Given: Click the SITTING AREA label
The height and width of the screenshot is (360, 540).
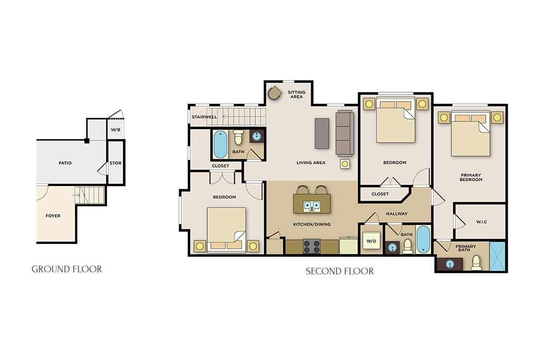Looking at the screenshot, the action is [x=296, y=95].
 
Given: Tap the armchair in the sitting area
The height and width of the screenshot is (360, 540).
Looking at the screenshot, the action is [x=274, y=93].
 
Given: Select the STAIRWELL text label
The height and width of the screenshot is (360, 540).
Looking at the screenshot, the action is [x=205, y=117].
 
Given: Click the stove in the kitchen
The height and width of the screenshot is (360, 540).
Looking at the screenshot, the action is [x=312, y=247].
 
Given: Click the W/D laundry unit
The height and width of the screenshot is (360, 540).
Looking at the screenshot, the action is [x=371, y=240].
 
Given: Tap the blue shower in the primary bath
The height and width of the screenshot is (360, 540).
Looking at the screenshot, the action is [x=497, y=256].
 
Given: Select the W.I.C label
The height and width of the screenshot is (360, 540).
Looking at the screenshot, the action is [x=481, y=222].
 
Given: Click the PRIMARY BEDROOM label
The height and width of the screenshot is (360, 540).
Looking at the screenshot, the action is [x=471, y=177].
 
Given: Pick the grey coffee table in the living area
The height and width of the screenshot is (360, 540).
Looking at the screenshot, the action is [x=322, y=133].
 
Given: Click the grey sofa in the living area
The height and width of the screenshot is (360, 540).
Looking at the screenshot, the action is [x=345, y=133].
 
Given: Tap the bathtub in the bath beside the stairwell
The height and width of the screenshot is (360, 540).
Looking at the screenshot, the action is [x=220, y=144].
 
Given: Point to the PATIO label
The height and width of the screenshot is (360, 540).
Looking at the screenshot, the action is [x=65, y=163].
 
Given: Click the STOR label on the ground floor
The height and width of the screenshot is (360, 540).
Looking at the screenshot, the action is [x=115, y=163].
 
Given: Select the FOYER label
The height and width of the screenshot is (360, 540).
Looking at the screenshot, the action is [x=53, y=216].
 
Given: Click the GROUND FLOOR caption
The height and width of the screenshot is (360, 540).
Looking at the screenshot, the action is [x=67, y=269].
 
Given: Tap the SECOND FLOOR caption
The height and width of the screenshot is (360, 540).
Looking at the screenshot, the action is [x=340, y=271].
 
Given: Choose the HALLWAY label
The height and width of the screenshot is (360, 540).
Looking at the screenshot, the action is [x=397, y=213].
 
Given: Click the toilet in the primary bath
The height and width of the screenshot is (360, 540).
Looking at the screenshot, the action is [x=477, y=262].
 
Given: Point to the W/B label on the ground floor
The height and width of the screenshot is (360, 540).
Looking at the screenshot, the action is [x=115, y=130].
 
